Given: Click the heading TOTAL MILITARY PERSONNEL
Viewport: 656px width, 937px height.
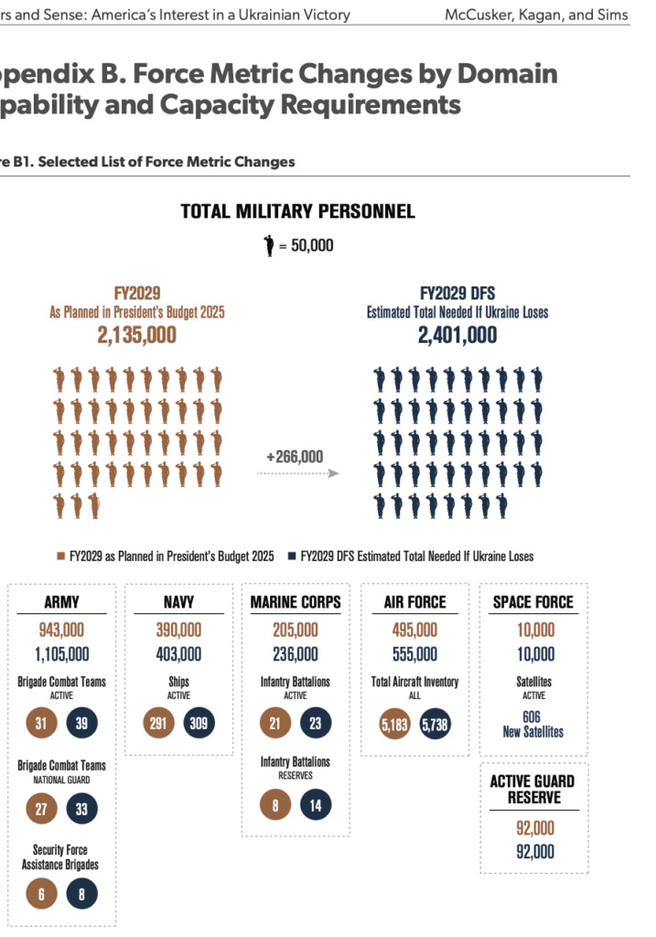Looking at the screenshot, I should coord(297,211).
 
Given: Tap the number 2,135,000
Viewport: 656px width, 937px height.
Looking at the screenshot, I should coord(137,336).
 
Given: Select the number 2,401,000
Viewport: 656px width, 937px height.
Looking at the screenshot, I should coord(457,336).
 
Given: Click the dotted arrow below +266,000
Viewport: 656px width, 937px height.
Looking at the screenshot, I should coord(297,473).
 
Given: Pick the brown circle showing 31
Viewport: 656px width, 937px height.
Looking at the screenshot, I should coord(40,723).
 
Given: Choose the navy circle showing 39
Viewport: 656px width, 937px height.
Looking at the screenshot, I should coord(81,723).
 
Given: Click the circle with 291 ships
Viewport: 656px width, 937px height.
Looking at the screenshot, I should coord(159,723).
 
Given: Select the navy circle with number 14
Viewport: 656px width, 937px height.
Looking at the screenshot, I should coord(315,804).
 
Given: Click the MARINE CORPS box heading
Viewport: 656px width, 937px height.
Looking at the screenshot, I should coord(296,602).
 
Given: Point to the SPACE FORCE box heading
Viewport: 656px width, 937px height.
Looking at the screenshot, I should coord(533,602).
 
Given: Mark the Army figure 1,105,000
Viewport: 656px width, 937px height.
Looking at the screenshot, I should coord(61,653).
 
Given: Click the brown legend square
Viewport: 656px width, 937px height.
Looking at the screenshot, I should coord(61,556).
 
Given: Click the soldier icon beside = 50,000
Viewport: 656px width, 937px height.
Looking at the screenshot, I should coord(269,245).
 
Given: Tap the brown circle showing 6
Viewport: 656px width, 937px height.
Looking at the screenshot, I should coord(40,893).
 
